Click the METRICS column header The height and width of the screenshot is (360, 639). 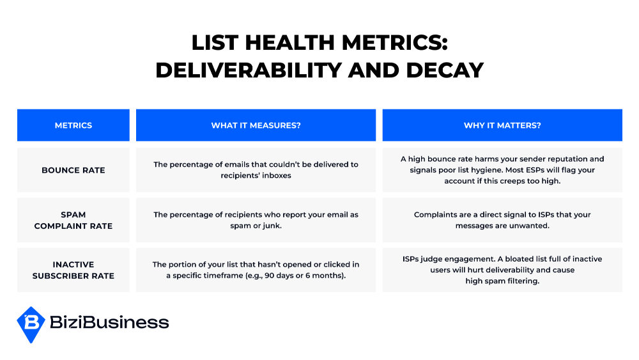pos(73,125)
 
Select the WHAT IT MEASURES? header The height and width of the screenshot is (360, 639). pos(256,125)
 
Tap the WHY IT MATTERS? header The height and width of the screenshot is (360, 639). pos(502,125)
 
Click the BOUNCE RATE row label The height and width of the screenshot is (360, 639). pos(73,171)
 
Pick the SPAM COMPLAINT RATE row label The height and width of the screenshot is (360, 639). pos(73,220)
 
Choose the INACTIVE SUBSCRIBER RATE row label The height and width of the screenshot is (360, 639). pos(73,270)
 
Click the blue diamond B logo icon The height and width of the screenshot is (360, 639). pos(31,325)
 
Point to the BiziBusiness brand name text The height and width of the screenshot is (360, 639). pos(109,322)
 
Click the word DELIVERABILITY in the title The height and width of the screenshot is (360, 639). pos(249,70)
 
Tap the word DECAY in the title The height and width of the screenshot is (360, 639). pos(445,70)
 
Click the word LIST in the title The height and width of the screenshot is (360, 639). pos(215,42)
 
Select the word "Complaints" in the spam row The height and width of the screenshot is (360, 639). pos(436,215)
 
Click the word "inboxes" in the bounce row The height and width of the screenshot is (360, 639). pos(277,175)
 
